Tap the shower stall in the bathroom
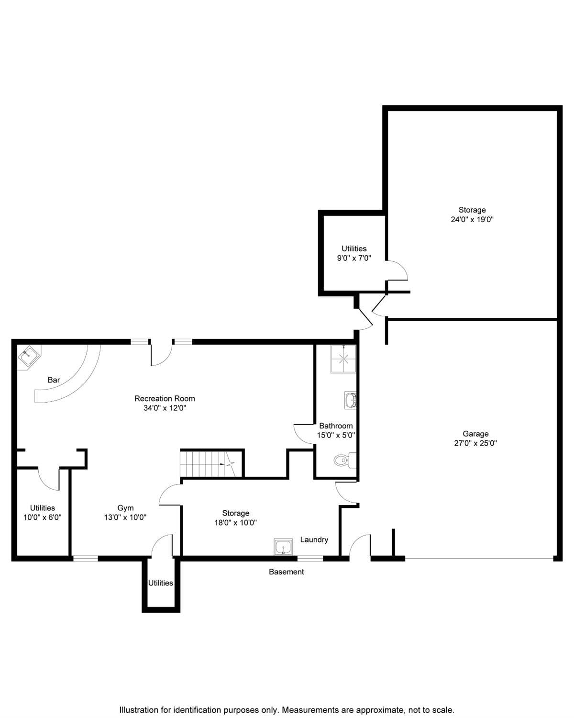343,359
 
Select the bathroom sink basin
350,400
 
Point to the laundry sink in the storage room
283,547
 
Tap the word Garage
475,434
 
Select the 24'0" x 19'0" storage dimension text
472,220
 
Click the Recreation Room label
165,398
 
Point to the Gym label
125,508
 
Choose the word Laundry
314,539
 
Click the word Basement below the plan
286,572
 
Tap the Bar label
54,380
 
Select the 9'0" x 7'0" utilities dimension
354,258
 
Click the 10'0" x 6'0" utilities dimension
43,517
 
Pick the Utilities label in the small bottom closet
160,583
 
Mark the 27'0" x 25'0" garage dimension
475,443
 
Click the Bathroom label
336,426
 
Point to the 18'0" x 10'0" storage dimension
235,523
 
